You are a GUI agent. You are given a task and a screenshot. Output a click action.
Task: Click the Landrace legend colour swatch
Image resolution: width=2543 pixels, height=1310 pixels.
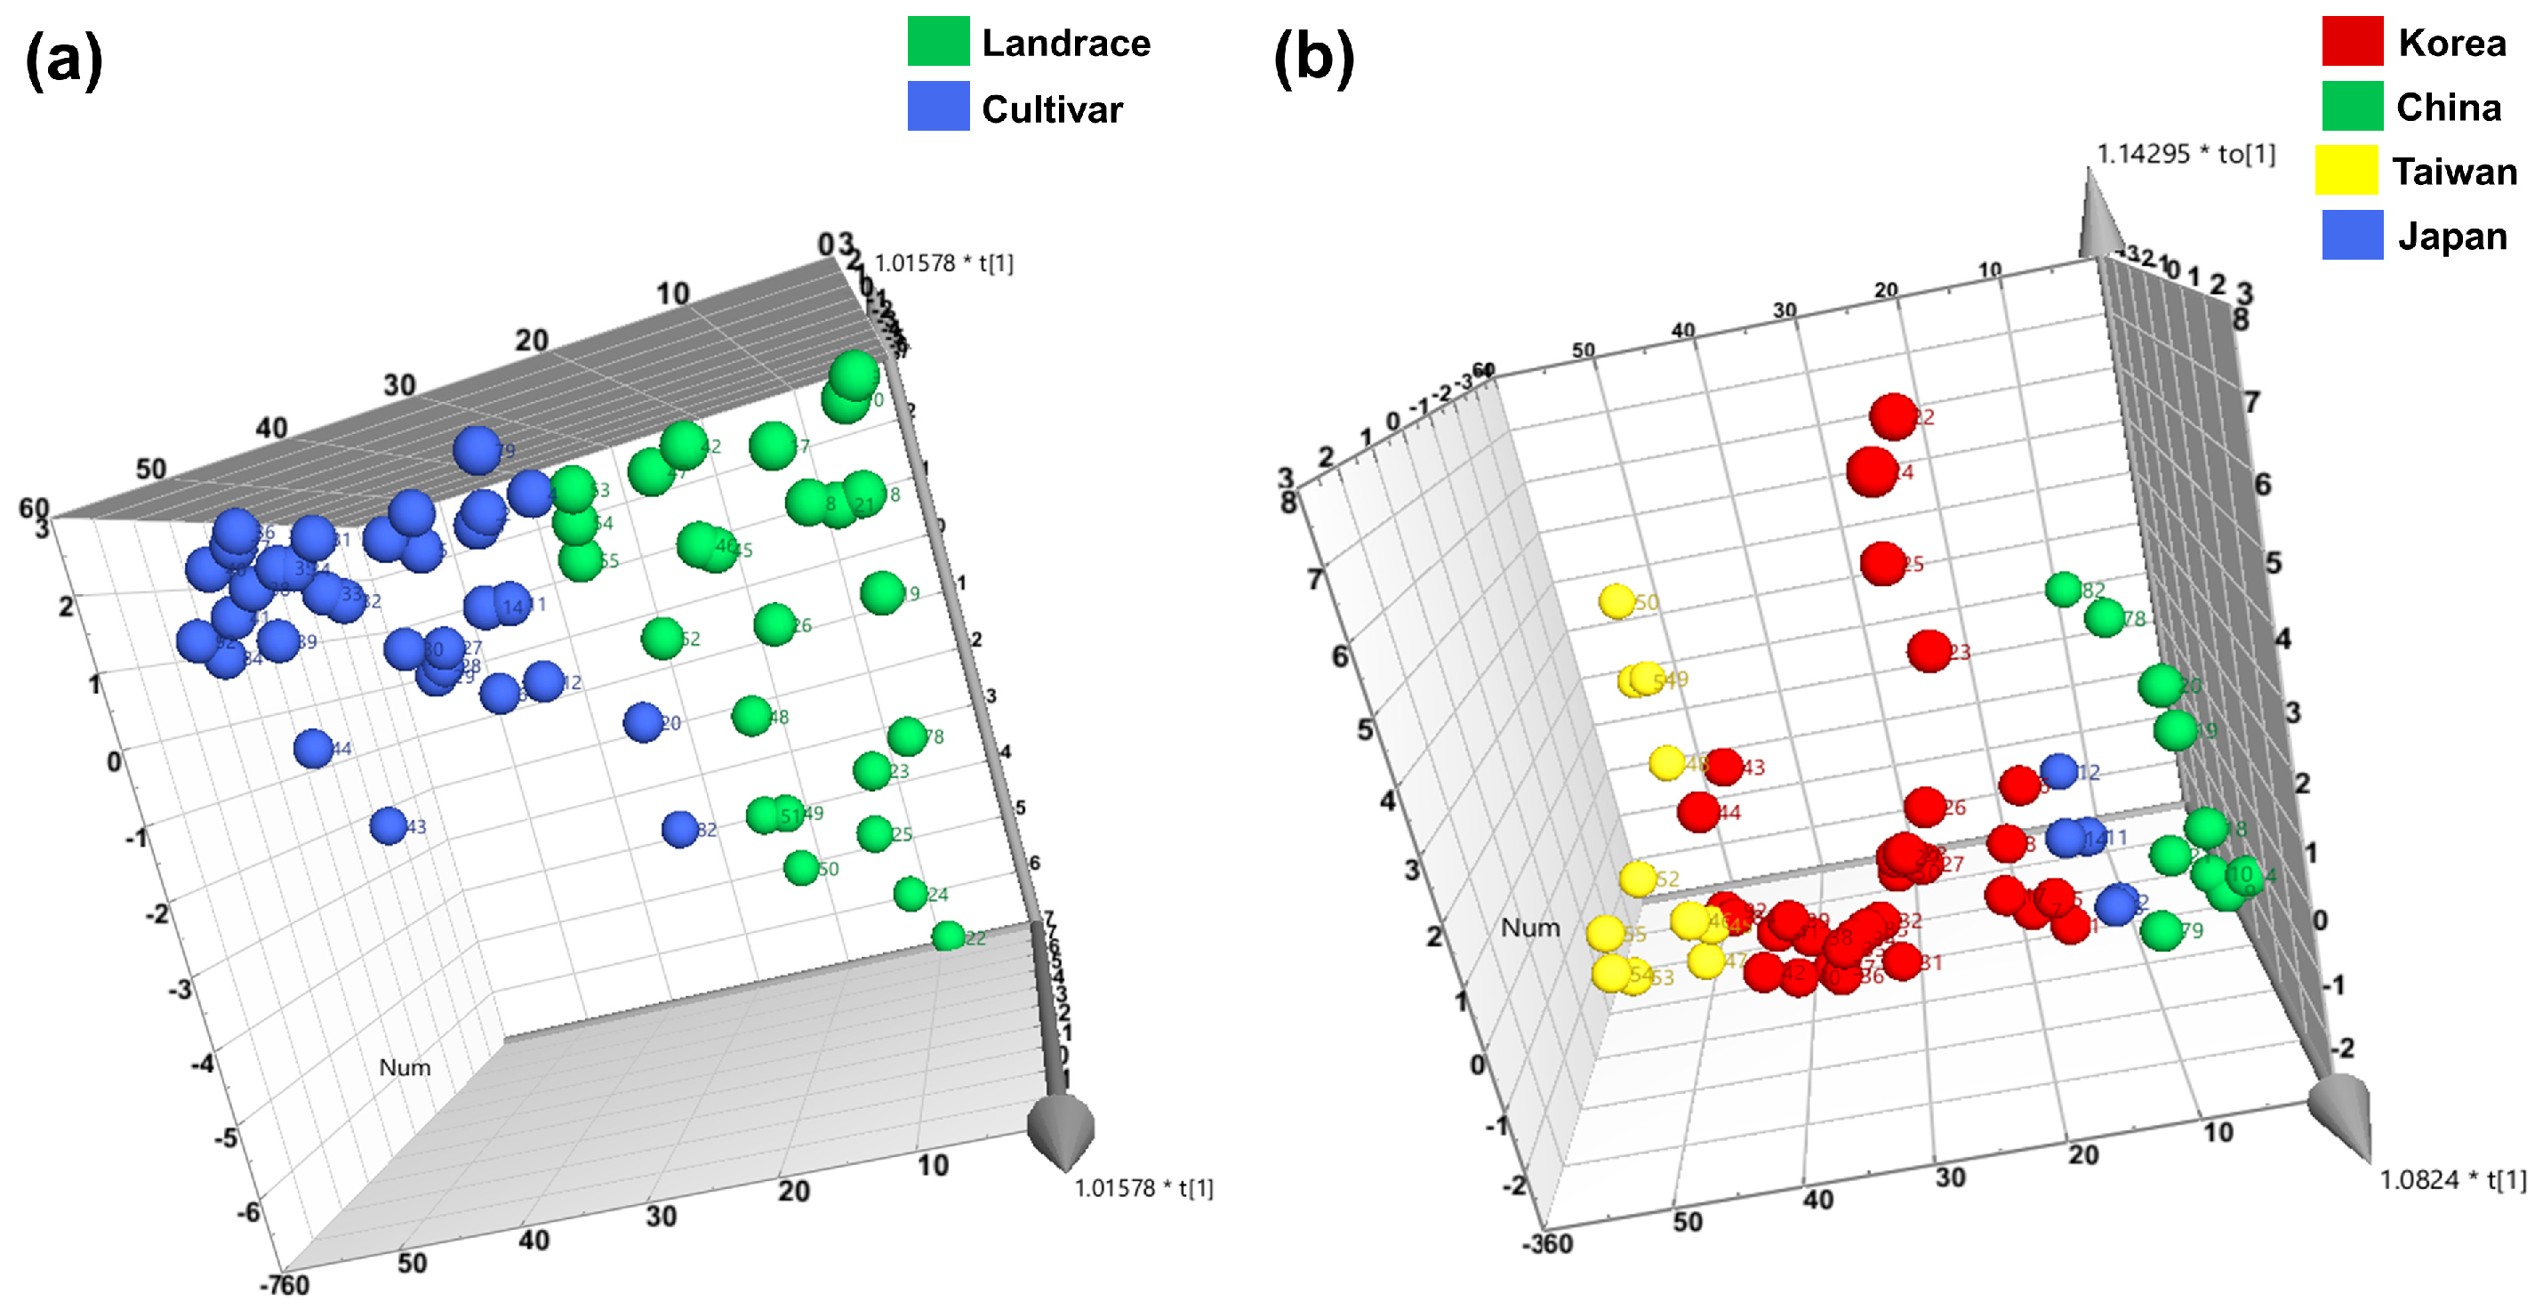pos(938,42)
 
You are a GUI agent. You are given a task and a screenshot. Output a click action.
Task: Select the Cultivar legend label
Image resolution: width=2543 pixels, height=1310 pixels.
pos(1051,108)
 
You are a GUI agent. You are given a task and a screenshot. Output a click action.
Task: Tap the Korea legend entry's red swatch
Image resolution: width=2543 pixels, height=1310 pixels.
pos(2352,42)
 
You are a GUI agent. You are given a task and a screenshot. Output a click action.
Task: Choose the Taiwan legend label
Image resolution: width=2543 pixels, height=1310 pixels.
pos(2454,172)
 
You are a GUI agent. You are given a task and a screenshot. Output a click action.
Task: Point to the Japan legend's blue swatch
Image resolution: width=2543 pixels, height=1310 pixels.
pos(2352,236)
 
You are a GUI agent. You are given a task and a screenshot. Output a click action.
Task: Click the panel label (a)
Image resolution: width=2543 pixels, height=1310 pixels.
pos(63,60)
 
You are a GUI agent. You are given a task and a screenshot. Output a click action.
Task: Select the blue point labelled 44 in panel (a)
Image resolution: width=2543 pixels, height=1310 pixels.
pos(314,748)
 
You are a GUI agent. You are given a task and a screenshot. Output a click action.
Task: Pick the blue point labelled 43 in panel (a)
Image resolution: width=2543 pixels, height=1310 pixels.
pos(388,825)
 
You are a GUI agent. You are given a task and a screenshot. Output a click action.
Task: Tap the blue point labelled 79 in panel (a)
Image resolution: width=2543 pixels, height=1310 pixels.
pos(477,450)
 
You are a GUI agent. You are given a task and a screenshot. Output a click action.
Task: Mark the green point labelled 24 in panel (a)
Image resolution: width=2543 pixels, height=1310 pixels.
pos(911,894)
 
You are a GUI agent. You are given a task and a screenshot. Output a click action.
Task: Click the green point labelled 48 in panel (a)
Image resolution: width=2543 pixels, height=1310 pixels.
pos(751,716)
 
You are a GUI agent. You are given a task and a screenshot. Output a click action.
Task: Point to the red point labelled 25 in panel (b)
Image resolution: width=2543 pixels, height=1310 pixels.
pos(1881,563)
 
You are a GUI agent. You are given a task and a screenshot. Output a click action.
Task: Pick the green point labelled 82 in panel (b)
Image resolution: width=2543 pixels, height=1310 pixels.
pos(2063,590)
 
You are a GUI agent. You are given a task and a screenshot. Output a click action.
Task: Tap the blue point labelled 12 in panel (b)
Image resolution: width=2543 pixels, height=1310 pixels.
pos(2058,771)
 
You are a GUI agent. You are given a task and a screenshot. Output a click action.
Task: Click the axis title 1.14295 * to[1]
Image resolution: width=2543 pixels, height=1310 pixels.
pos(2186,154)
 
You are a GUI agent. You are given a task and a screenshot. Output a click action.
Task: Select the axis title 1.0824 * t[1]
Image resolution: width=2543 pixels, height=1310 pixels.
pos(2452,1179)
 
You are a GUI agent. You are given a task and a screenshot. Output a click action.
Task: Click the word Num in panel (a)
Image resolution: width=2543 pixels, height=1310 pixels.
pos(405,1067)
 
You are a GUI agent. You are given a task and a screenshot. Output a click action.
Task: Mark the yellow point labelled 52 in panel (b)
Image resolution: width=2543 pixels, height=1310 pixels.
pos(1638,879)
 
